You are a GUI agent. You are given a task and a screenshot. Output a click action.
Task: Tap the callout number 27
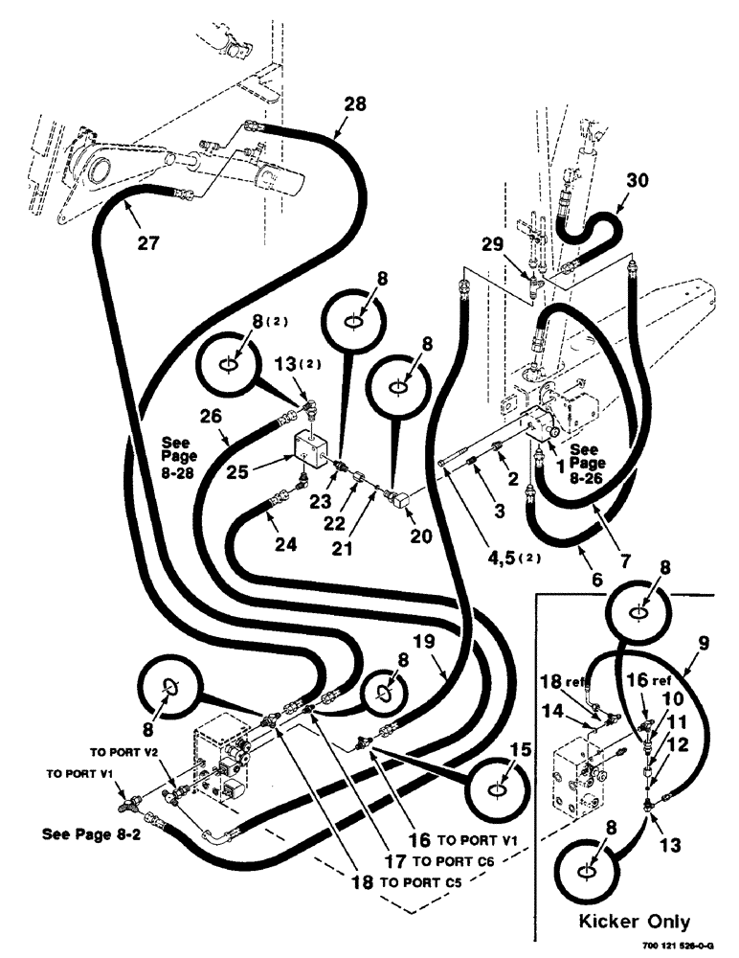click(146, 242)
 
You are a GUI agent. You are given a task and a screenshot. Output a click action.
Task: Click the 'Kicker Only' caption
click(635, 922)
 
